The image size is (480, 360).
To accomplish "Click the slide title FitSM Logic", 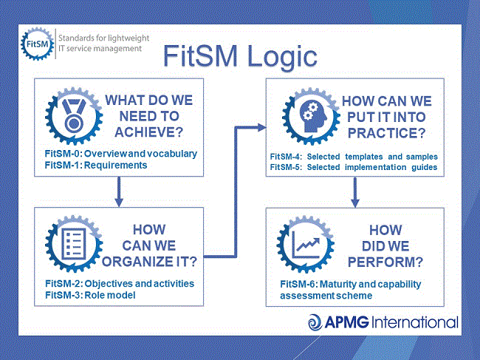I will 240,57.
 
